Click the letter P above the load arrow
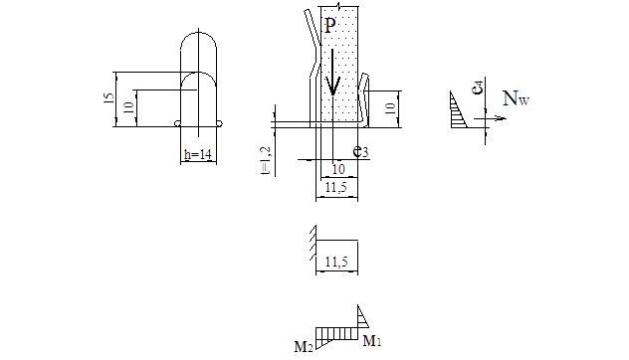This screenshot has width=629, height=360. tap(329, 26)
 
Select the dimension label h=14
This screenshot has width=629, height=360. tap(198, 154)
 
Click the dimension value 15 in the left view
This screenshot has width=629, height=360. tap(108, 98)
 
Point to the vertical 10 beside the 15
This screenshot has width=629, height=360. tap(128, 107)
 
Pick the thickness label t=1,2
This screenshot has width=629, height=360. tap(266, 160)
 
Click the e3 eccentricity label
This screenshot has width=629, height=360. tap(360, 151)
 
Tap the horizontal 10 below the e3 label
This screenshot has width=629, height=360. tap(338, 169)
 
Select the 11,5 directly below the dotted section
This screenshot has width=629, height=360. tap(336, 187)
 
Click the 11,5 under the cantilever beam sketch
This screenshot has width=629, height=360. tap(336, 262)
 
